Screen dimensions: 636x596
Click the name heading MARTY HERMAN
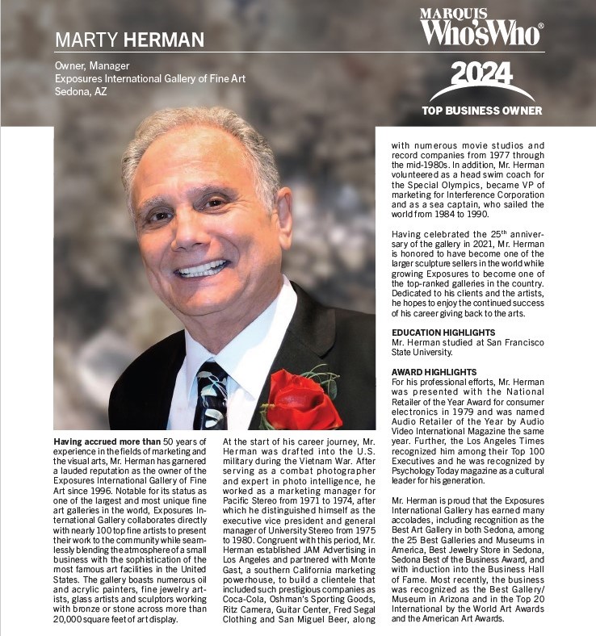(129, 40)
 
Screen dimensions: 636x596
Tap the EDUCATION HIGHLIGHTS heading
(443, 333)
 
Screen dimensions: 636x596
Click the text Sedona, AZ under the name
(81, 91)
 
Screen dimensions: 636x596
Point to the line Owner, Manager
(92, 65)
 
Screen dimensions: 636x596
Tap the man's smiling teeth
(203, 268)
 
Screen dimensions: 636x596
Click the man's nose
(198, 228)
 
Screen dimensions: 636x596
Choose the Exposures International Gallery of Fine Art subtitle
(149, 78)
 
